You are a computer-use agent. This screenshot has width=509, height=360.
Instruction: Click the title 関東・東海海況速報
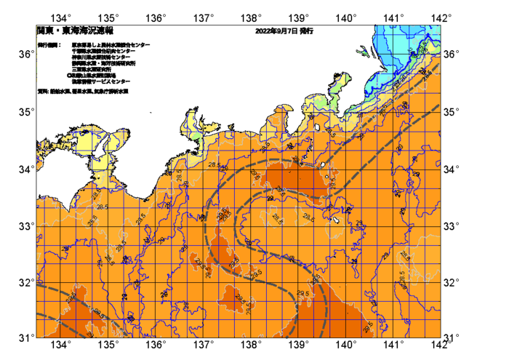pos(75,31)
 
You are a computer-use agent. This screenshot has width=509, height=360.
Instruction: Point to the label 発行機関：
pos(49,45)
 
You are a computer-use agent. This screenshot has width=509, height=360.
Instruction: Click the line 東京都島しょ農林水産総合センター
pos(111,45)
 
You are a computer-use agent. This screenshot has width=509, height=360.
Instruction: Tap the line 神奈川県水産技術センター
pos(101,57)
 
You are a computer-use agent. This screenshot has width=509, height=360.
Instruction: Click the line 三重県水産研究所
pos(91,69)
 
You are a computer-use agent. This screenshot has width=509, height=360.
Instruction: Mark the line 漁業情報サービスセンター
pos(100,81)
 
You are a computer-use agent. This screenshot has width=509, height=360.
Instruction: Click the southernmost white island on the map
pos(337,219)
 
